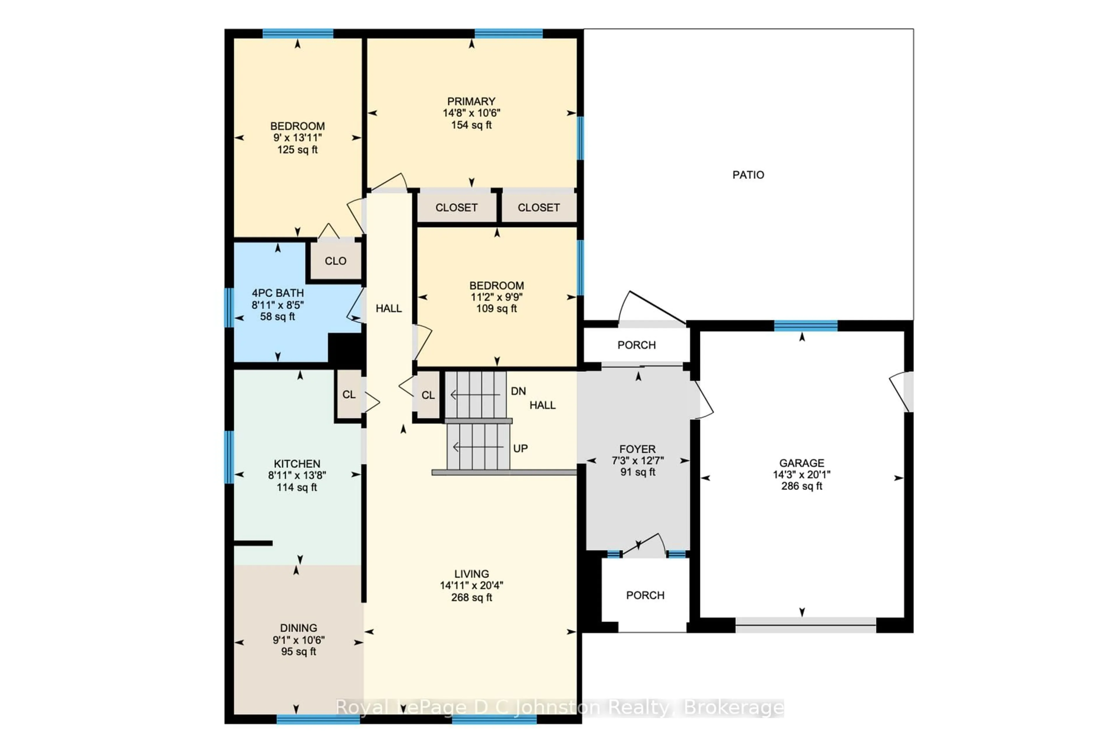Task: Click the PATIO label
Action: tap(748, 175)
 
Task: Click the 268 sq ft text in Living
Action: tap(471, 597)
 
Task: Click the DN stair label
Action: tap(518, 391)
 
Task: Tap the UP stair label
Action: tap(520, 448)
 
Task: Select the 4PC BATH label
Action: tap(278, 293)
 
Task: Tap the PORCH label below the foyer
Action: tap(645, 595)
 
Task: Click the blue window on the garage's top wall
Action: tap(806, 326)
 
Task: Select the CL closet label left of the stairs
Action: tap(428, 395)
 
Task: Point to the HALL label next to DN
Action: tap(542, 405)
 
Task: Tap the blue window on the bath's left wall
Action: tap(229, 307)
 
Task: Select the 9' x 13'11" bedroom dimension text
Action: tap(297, 138)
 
